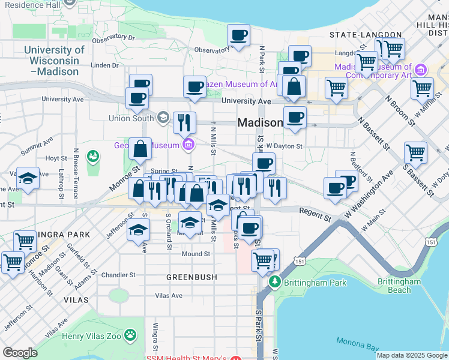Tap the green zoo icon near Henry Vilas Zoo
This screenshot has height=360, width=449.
130,335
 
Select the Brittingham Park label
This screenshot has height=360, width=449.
316,281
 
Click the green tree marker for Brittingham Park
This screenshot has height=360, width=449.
275,281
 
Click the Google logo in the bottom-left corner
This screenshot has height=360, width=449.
20,353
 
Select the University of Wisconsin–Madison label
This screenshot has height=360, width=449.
54,61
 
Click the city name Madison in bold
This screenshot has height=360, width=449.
260,122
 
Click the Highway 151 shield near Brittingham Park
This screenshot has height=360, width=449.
300,261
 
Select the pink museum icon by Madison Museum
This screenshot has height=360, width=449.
421,70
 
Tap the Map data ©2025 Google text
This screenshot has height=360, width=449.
411,355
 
